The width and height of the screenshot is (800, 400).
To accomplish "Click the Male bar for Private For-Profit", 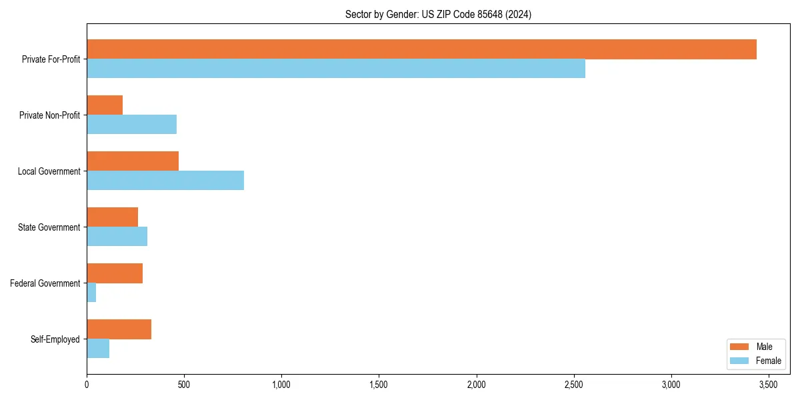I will (x=421, y=49).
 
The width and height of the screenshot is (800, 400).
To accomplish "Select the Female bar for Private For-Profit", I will (x=336, y=69).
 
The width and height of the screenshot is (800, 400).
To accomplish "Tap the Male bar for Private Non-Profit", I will (x=105, y=105).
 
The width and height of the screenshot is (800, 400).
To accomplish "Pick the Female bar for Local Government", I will (x=165, y=181).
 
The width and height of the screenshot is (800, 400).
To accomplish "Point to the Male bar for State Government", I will (x=112, y=217).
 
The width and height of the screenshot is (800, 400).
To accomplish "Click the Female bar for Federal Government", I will (x=91, y=293).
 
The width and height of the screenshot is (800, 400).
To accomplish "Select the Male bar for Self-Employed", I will (x=119, y=329).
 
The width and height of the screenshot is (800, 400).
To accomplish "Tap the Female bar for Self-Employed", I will (x=98, y=349).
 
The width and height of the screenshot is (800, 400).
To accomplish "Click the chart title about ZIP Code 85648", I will (x=438, y=14).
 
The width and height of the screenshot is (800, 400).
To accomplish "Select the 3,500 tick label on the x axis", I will (x=769, y=385).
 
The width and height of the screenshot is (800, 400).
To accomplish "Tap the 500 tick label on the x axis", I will (x=184, y=385).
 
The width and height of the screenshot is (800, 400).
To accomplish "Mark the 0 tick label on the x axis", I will (x=87, y=385).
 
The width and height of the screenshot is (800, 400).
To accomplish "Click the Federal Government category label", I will (x=45, y=283).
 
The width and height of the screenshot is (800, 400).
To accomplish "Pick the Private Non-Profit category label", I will (x=49, y=115).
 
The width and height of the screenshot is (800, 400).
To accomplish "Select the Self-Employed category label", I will (x=55, y=339).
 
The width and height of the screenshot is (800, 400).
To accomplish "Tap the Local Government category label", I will (x=49, y=171).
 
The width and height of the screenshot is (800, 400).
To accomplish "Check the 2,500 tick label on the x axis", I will (x=574, y=385).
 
